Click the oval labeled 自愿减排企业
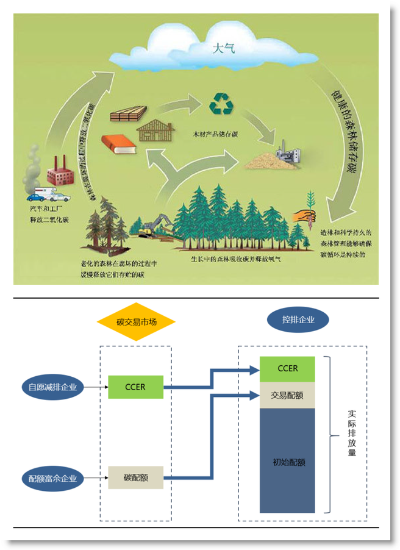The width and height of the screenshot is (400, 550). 52,387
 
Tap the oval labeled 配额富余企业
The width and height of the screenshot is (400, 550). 52,477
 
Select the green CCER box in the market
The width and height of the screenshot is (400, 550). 135,387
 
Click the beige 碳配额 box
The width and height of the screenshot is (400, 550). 135,477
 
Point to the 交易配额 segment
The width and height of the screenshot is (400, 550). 287,395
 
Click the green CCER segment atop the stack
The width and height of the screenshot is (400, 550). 287,369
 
